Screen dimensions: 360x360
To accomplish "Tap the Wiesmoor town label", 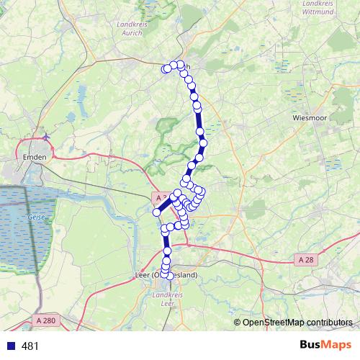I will tap(310, 117).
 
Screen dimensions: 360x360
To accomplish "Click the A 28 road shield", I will tap(305, 259).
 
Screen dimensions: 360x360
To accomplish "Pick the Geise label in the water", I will tap(37, 216).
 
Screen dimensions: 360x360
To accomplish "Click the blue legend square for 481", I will tap(11, 346).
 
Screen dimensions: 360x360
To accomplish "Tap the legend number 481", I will tap(30, 346).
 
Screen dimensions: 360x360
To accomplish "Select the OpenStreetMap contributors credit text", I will tap(297, 322).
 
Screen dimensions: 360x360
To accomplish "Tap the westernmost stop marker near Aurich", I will tap(166, 69).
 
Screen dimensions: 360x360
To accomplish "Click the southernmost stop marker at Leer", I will tap(167, 276).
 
